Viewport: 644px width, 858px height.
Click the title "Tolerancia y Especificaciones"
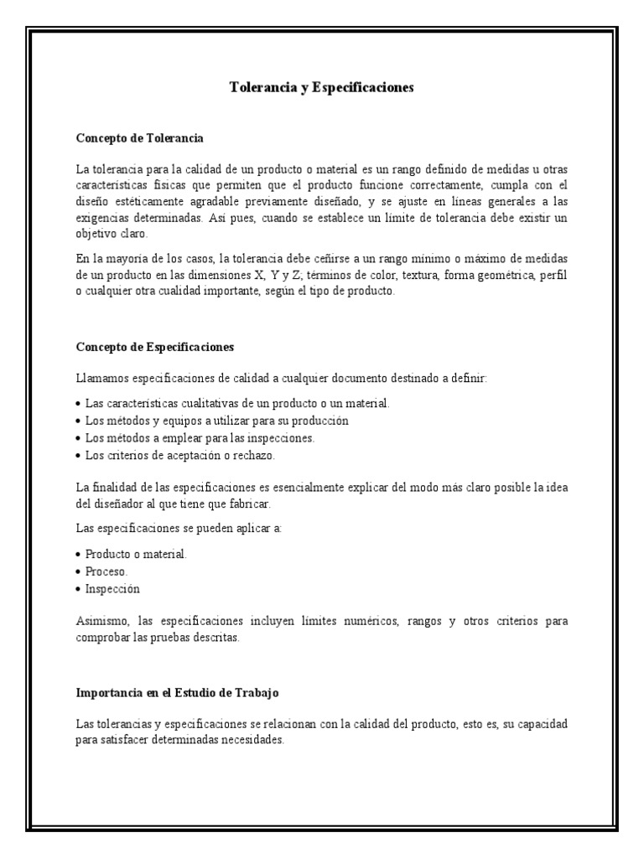click(322, 87)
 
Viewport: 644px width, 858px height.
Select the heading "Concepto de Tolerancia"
click(140, 137)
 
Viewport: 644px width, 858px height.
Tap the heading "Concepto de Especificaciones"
click(155, 346)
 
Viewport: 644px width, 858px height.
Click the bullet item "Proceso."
click(106, 571)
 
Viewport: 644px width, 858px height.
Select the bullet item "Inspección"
click(112, 588)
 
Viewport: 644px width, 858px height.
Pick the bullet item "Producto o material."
click(137, 555)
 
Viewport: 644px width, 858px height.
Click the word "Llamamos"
click(98, 379)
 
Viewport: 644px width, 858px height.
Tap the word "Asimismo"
click(102, 621)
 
